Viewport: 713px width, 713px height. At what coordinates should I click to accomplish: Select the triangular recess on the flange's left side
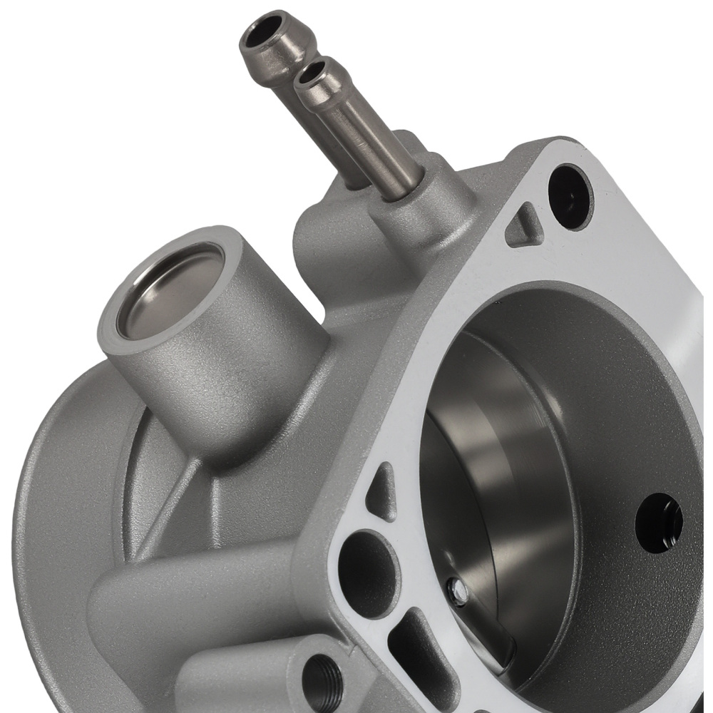(381, 492)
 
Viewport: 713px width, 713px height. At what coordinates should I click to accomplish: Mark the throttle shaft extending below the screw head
(492, 627)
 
